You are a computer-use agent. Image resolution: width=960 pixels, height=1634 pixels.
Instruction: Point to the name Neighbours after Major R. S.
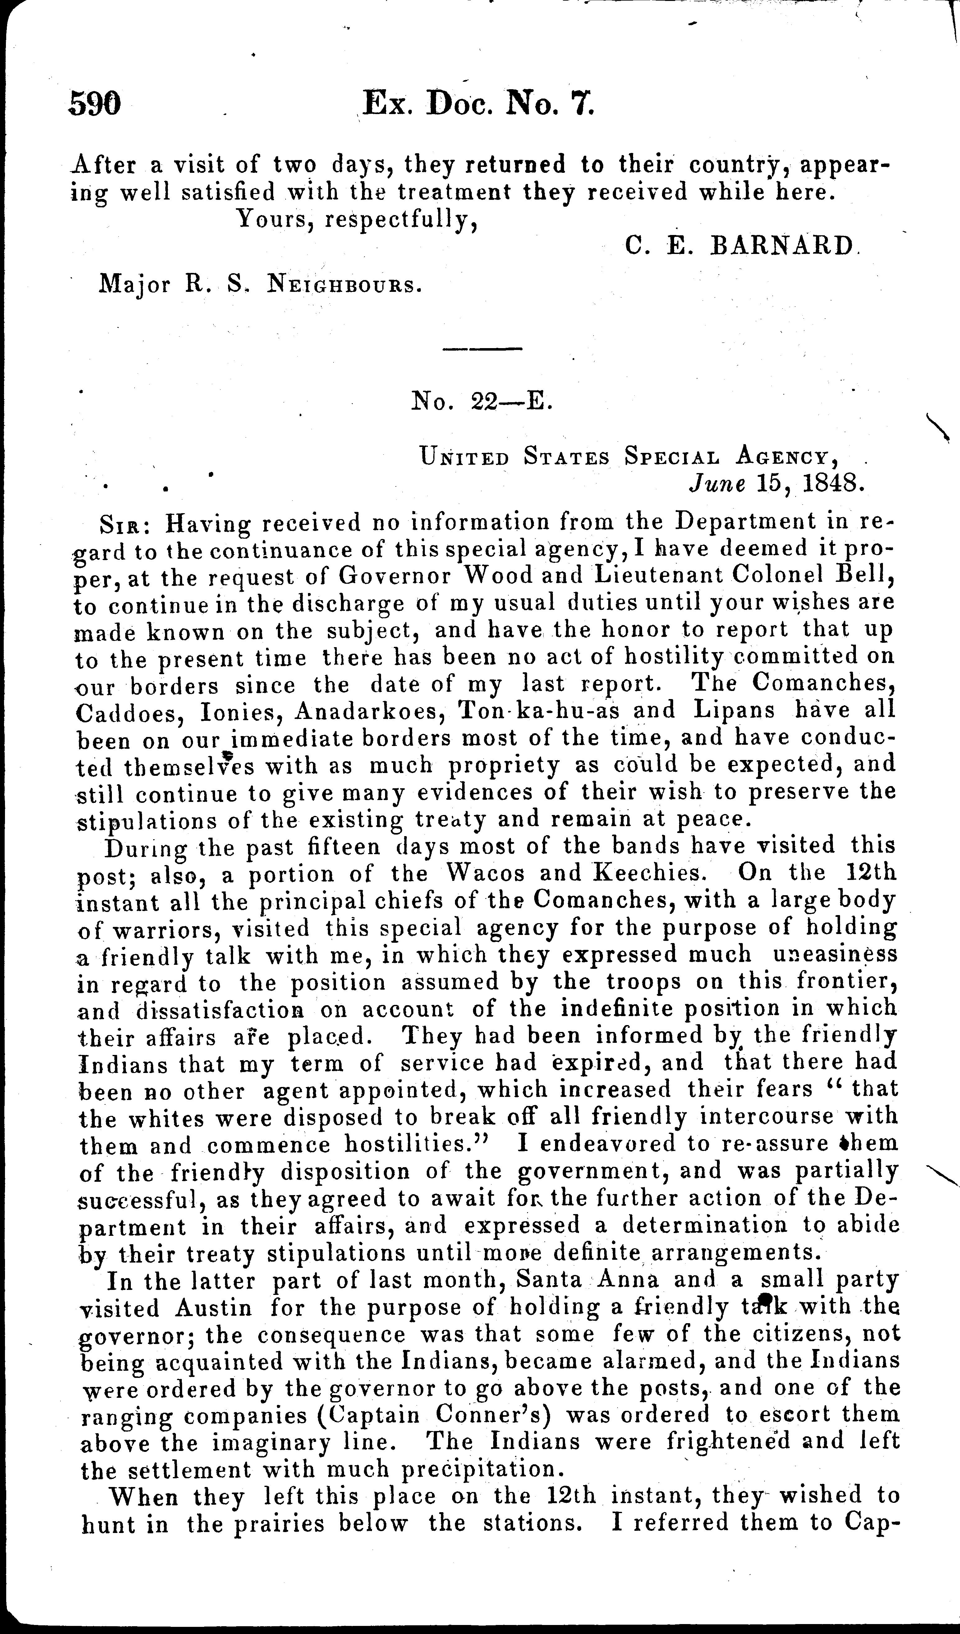pos(341,285)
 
